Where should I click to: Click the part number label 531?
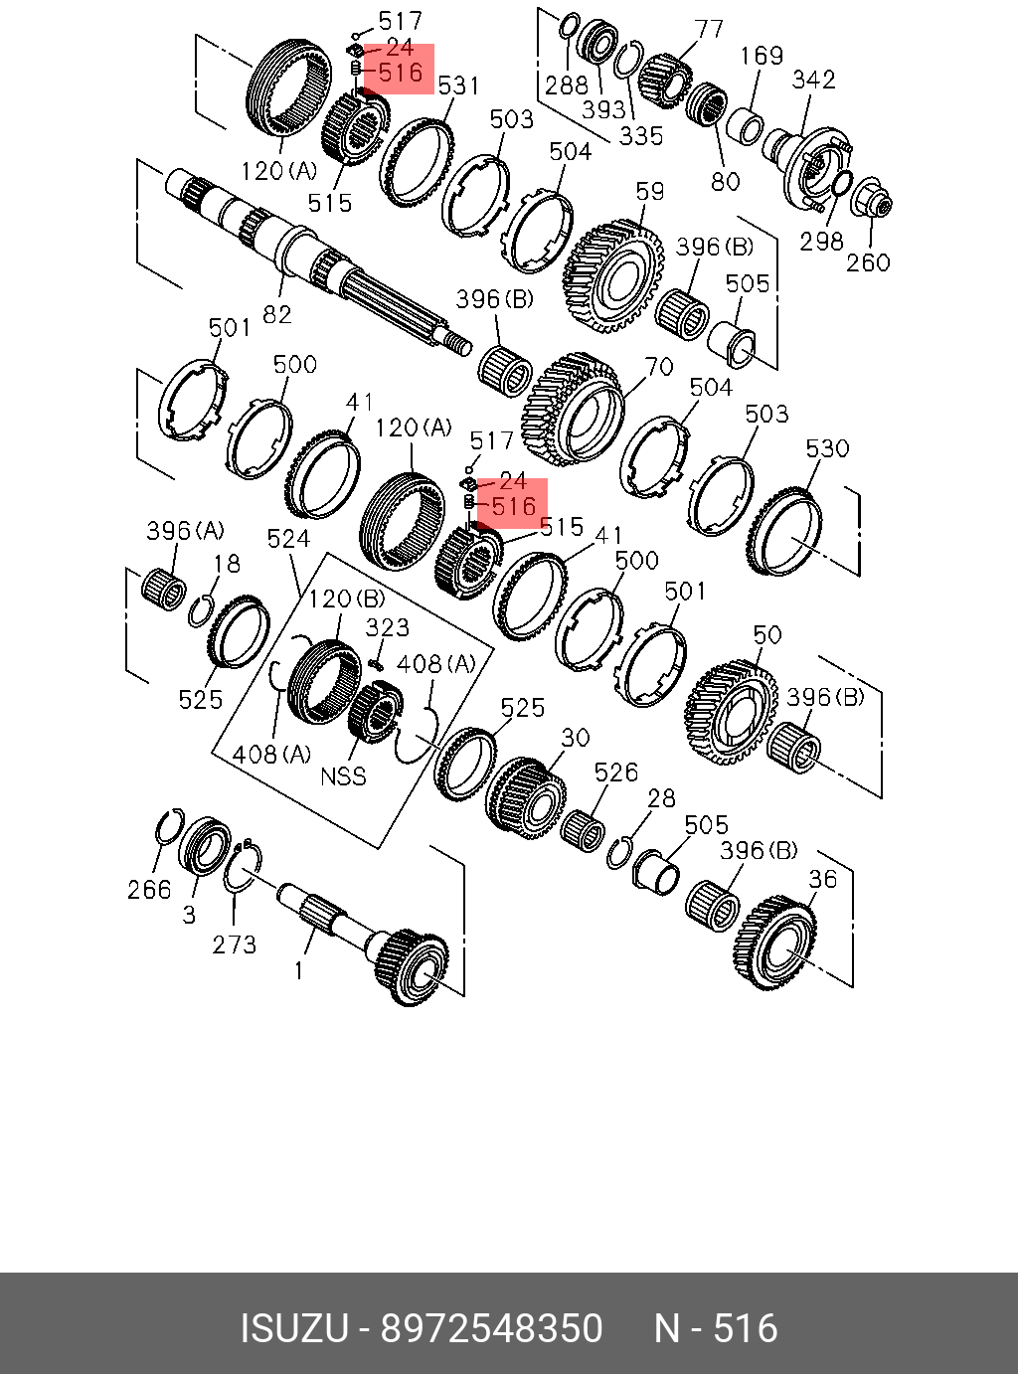tap(458, 86)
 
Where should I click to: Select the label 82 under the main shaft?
tap(277, 314)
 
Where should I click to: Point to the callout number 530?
tap(827, 448)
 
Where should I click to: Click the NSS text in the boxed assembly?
tap(343, 775)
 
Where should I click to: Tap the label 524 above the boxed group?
tap(288, 539)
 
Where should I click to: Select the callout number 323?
tap(387, 627)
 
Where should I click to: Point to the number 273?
tap(235, 944)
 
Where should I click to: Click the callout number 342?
tap(813, 80)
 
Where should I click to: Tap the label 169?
tap(762, 56)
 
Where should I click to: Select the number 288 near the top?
tap(567, 86)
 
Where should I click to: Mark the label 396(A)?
tap(185, 531)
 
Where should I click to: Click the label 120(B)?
tap(346, 599)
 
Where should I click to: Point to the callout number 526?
tap(615, 773)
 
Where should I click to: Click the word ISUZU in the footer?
tap(293, 1328)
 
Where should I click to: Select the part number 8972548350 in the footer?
tap(492, 1328)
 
